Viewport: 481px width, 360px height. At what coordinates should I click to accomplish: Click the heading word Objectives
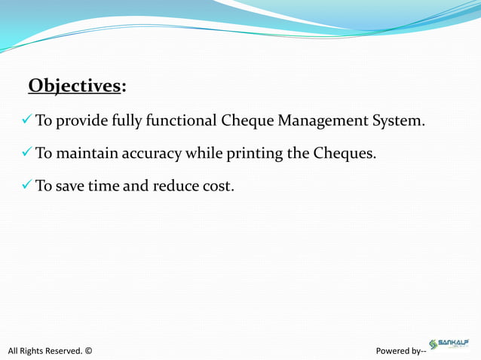click(75, 86)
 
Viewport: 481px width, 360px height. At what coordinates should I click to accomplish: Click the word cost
click(218, 186)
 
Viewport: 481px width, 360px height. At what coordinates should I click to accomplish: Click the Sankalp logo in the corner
click(449, 344)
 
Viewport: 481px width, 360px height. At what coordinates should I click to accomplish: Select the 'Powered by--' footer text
click(401, 350)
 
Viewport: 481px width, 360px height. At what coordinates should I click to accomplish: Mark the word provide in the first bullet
click(82, 121)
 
